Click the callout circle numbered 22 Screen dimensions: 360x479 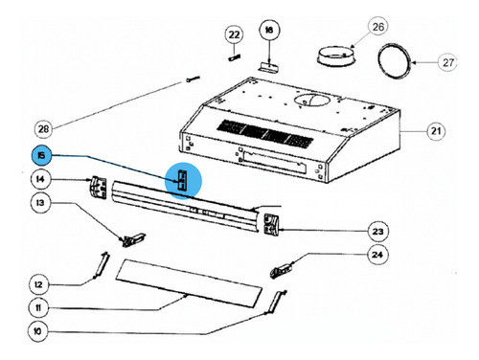233,34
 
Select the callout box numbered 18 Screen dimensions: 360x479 268,31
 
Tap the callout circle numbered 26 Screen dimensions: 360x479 351,26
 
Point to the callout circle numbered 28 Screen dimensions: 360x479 42,127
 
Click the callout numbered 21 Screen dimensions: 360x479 437,130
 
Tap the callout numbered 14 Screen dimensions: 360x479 41,179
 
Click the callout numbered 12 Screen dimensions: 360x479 40,284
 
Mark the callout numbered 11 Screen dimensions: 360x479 40,309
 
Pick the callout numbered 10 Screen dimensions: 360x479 40,332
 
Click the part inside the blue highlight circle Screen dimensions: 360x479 182,179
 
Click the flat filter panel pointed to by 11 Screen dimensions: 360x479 192,282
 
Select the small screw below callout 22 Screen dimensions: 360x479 233,56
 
